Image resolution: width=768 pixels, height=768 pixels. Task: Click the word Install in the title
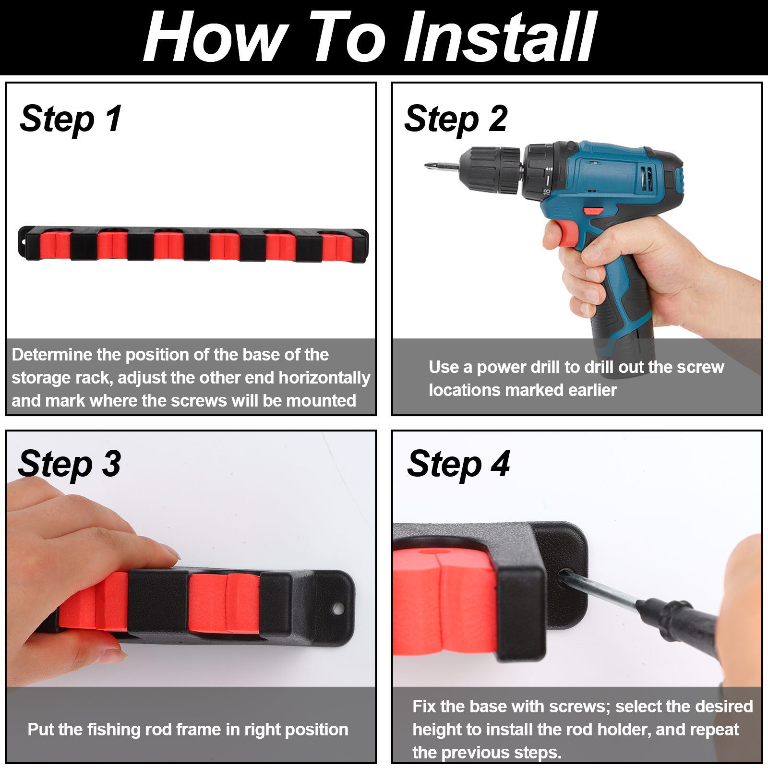[501, 37]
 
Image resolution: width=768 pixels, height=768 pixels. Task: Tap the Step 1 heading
[71, 119]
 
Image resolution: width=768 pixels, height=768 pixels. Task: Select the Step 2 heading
[456, 119]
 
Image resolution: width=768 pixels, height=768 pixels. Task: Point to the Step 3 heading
[70, 464]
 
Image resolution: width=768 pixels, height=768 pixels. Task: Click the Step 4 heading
[458, 464]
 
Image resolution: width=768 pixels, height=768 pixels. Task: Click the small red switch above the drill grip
[594, 210]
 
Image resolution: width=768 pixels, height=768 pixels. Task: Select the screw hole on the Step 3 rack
[338, 609]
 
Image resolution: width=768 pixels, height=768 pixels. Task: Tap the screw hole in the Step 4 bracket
[564, 575]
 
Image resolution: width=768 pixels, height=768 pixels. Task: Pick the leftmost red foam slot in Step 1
[55, 245]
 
